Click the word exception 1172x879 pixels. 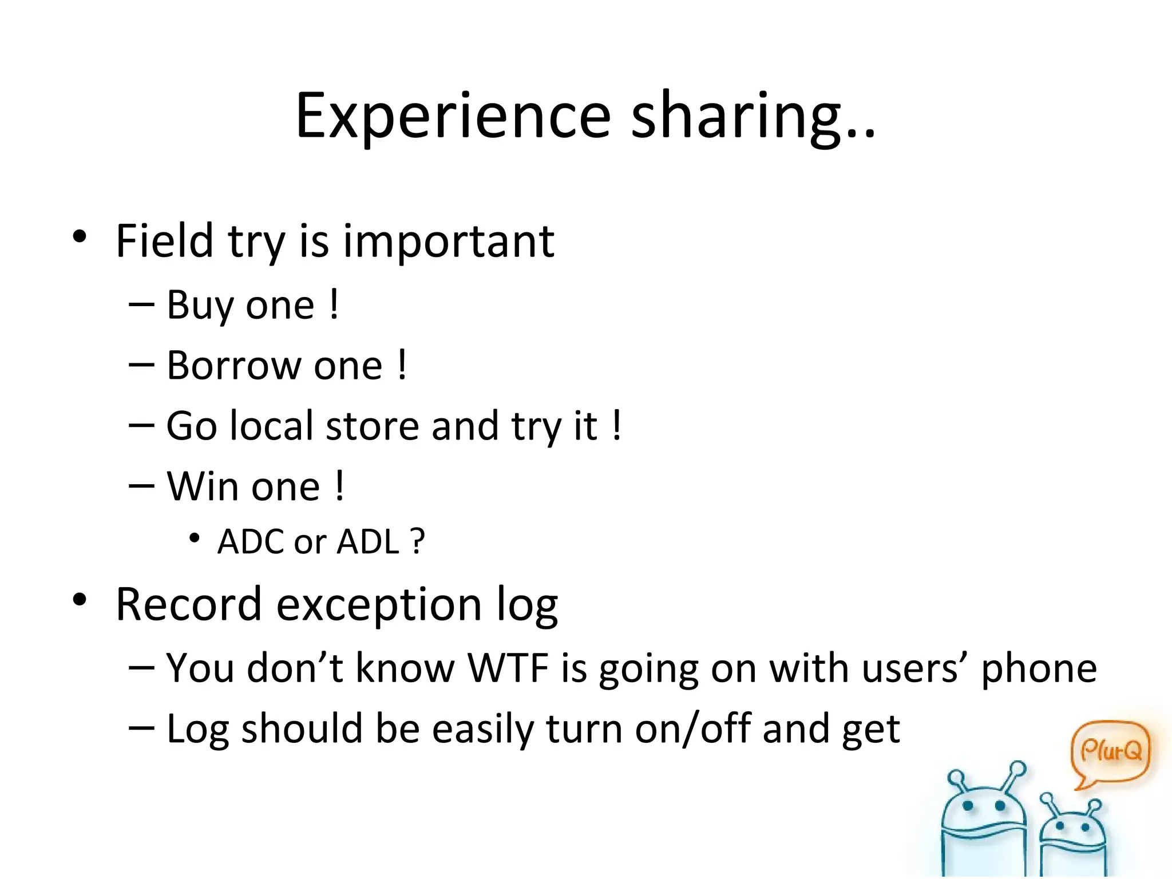click(378, 605)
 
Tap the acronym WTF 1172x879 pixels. click(508, 668)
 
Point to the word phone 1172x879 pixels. click(1039, 669)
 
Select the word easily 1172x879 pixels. click(483, 730)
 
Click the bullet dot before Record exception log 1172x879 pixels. click(80, 599)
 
